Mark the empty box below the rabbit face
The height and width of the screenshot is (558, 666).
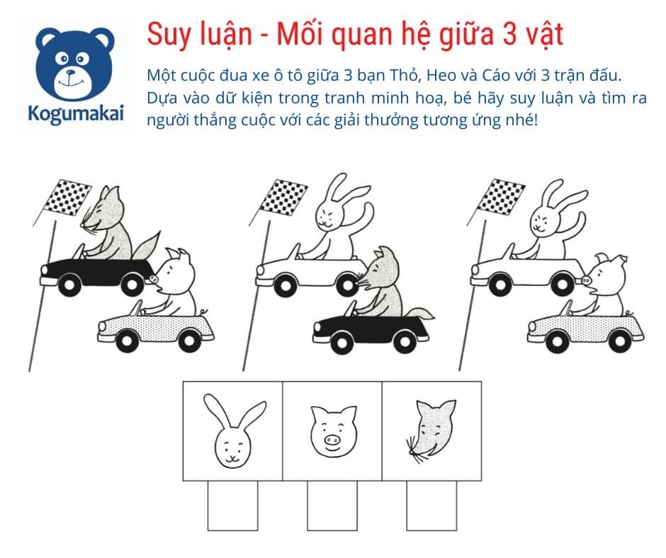(x=232, y=506)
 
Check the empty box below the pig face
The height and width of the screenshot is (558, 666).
(x=332, y=506)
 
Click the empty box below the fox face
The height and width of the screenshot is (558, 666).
(x=431, y=506)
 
